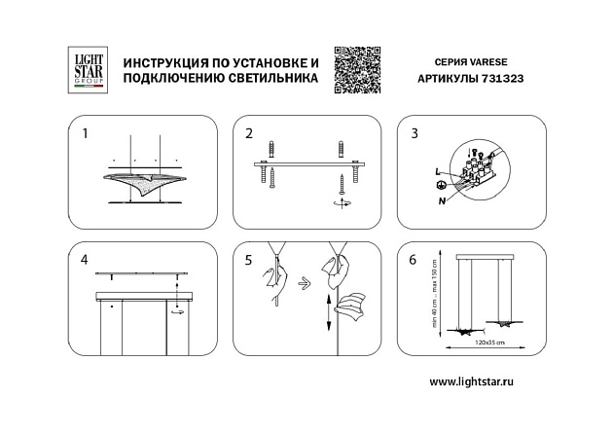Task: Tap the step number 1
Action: coord(86,133)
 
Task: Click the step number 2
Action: coord(249,133)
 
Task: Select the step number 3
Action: coord(414,133)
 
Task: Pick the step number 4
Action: coord(86,260)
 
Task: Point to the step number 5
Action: coord(249,260)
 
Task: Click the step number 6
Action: coord(414,260)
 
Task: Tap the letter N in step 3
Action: coord(442,199)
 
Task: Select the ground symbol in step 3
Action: coord(441,185)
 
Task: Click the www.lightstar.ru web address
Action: coord(470,381)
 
